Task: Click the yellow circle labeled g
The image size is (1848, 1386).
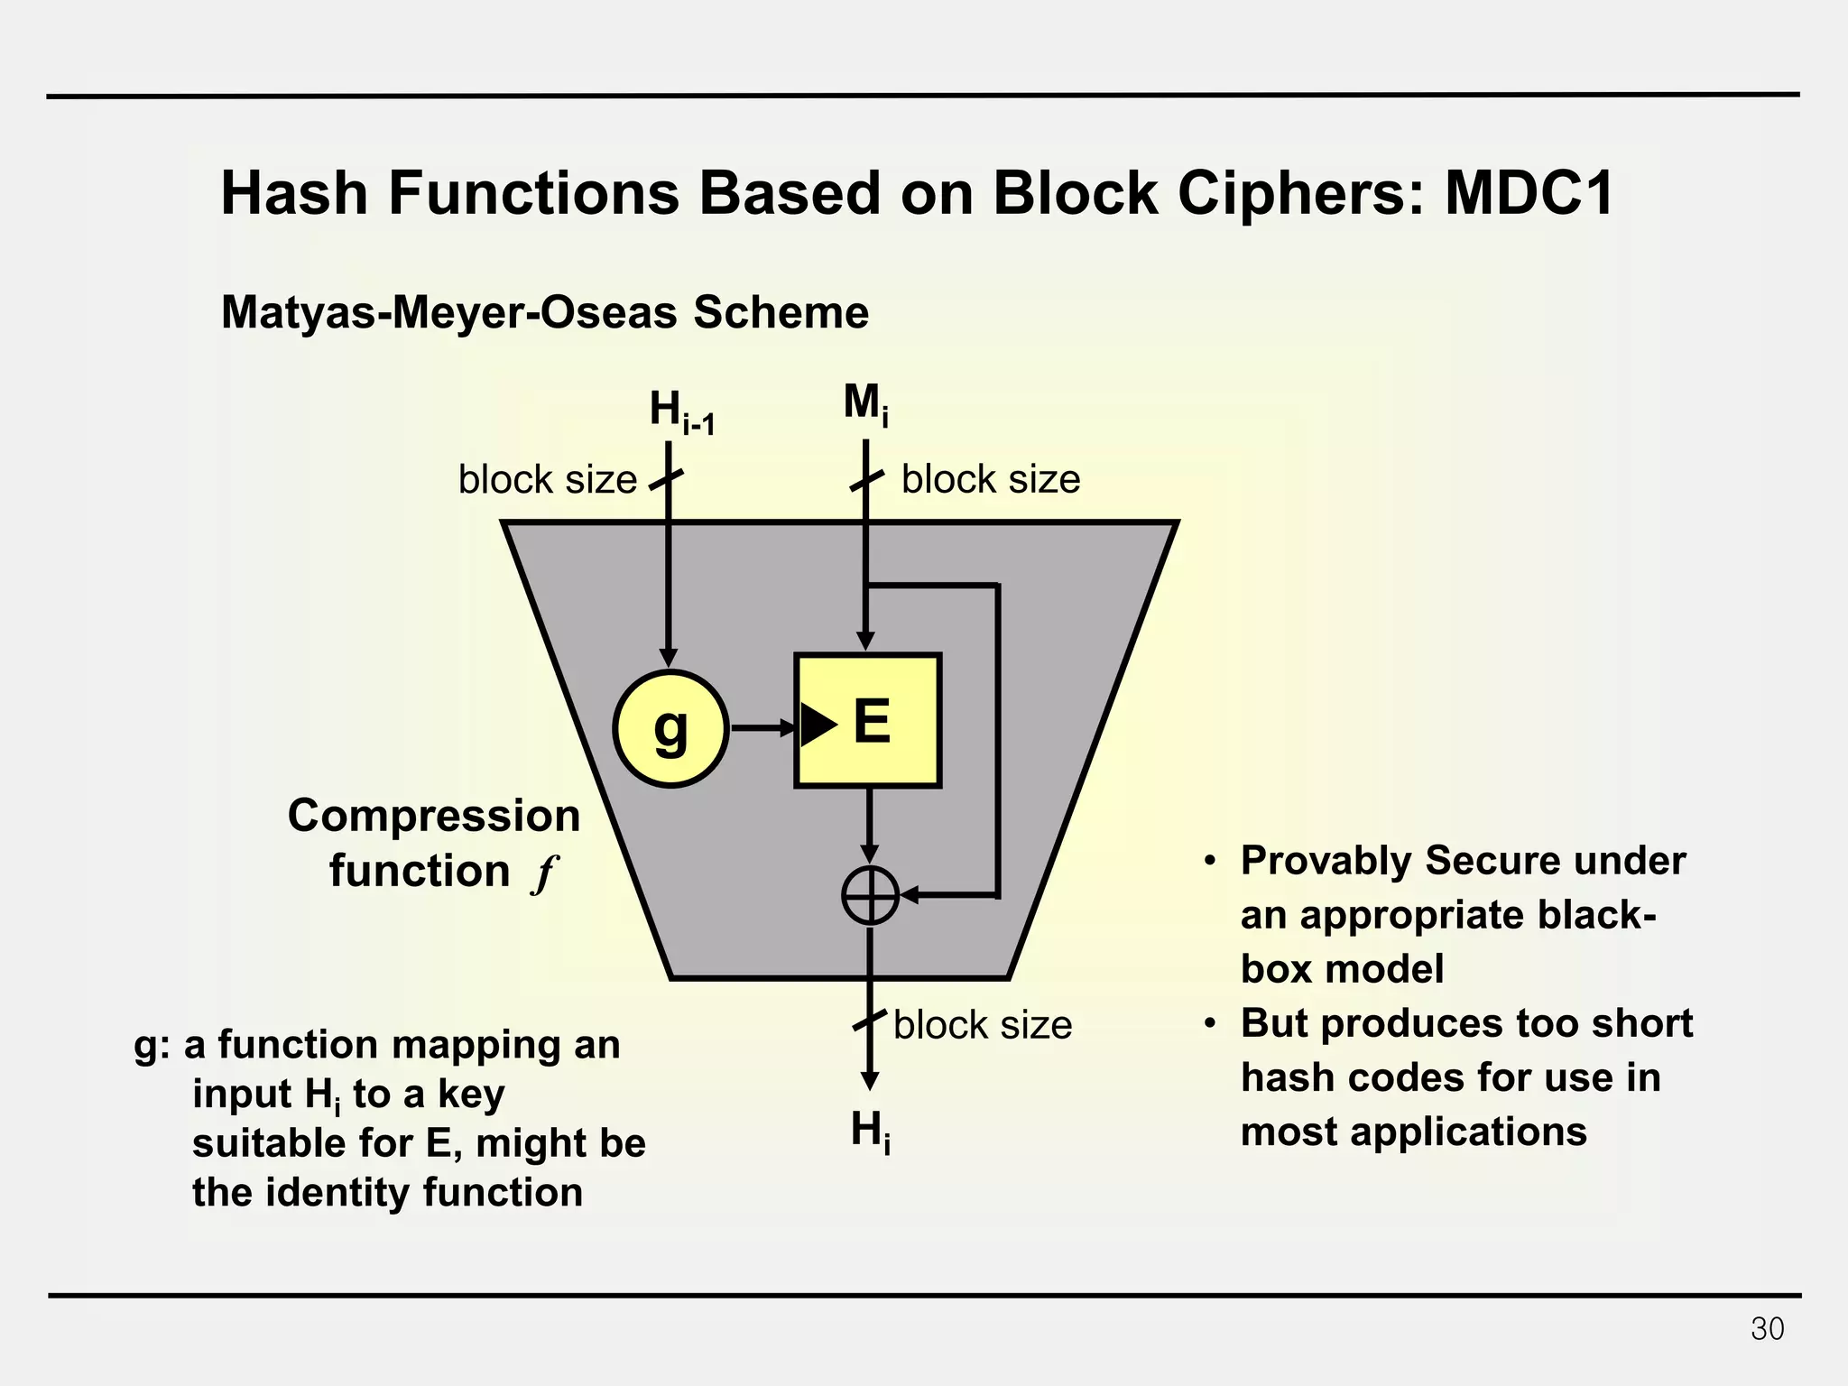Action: pyautogui.click(x=670, y=728)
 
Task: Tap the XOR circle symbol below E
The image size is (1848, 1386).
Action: pyautogui.click(x=870, y=895)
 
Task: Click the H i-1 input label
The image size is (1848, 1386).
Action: pyautogui.click(x=681, y=411)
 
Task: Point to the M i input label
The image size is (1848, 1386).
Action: pyautogui.click(x=865, y=403)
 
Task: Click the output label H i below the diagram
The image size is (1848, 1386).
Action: pyautogui.click(x=870, y=1131)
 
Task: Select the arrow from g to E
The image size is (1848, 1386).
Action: pyautogui.click(x=763, y=727)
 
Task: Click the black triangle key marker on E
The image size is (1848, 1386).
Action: pyautogui.click(x=818, y=725)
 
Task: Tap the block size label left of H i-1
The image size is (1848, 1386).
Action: pyautogui.click(x=548, y=479)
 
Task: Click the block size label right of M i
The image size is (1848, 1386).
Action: pyautogui.click(x=991, y=479)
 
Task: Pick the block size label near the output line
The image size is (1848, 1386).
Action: pyautogui.click(x=983, y=1025)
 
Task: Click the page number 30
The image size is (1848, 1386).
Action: pyautogui.click(x=1767, y=1329)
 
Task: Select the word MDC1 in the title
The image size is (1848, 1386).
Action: pyautogui.click(x=1529, y=193)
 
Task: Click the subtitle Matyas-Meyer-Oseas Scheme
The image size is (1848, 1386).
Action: pyautogui.click(x=544, y=312)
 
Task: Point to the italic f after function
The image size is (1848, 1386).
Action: pyautogui.click(x=544, y=873)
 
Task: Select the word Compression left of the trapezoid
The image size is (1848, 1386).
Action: pyautogui.click(x=433, y=816)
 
